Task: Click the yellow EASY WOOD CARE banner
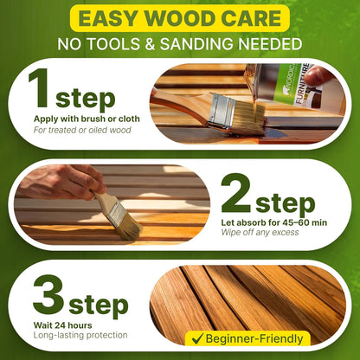pyautogui.click(x=179, y=18)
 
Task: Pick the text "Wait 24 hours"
pyautogui.click(x=54, y=325)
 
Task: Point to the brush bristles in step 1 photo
pyautogui.click(x=245, y=116)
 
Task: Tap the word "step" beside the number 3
pyautogui.click(x=98, y=305)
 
